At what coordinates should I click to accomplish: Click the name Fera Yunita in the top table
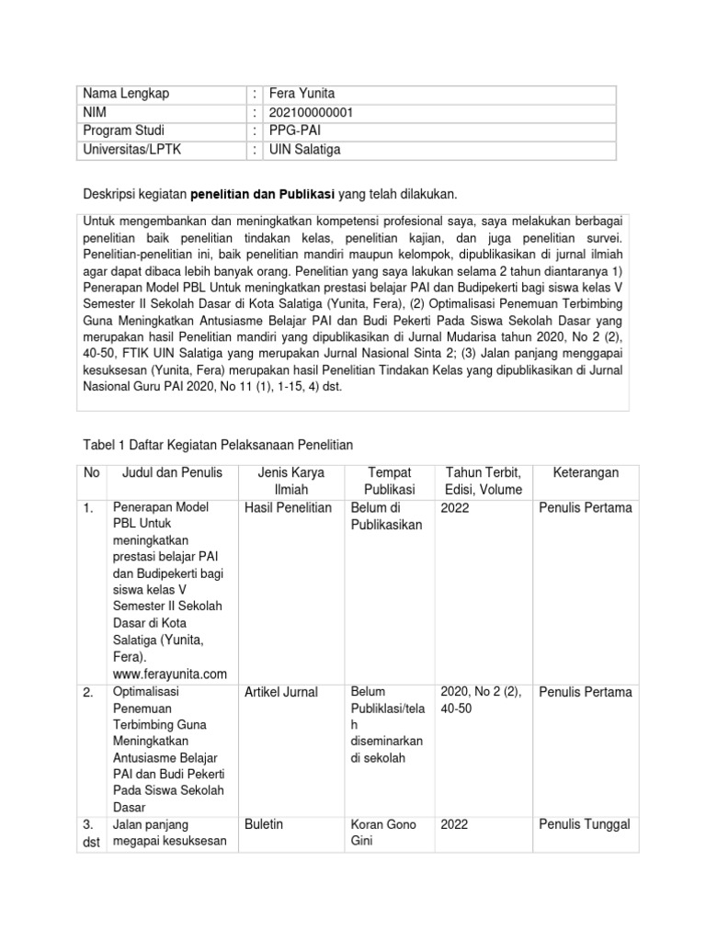(x=303, y=94)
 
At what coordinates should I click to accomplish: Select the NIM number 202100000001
(x=311, y=112)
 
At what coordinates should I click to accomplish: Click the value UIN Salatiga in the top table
(x=304, y=149)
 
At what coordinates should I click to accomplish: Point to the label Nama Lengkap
(x=126, y=94)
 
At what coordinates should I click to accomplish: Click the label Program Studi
(x=123, y=130)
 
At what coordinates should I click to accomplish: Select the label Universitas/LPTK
(x=132, y=149)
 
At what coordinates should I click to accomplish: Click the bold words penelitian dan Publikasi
(x=263, y=195)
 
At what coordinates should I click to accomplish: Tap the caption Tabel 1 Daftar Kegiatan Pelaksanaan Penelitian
(x=218, y=445)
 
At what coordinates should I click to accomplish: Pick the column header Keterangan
(x=586, y=472)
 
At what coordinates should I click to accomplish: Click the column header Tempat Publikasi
(x=389, y=481)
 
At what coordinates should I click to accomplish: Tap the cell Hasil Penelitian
(x=289, y=507)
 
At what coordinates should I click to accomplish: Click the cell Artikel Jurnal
(x=282, y=692)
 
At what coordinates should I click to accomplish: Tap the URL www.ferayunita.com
(x=168, y=674)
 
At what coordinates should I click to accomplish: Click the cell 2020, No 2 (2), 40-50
(x=482, y=700)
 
